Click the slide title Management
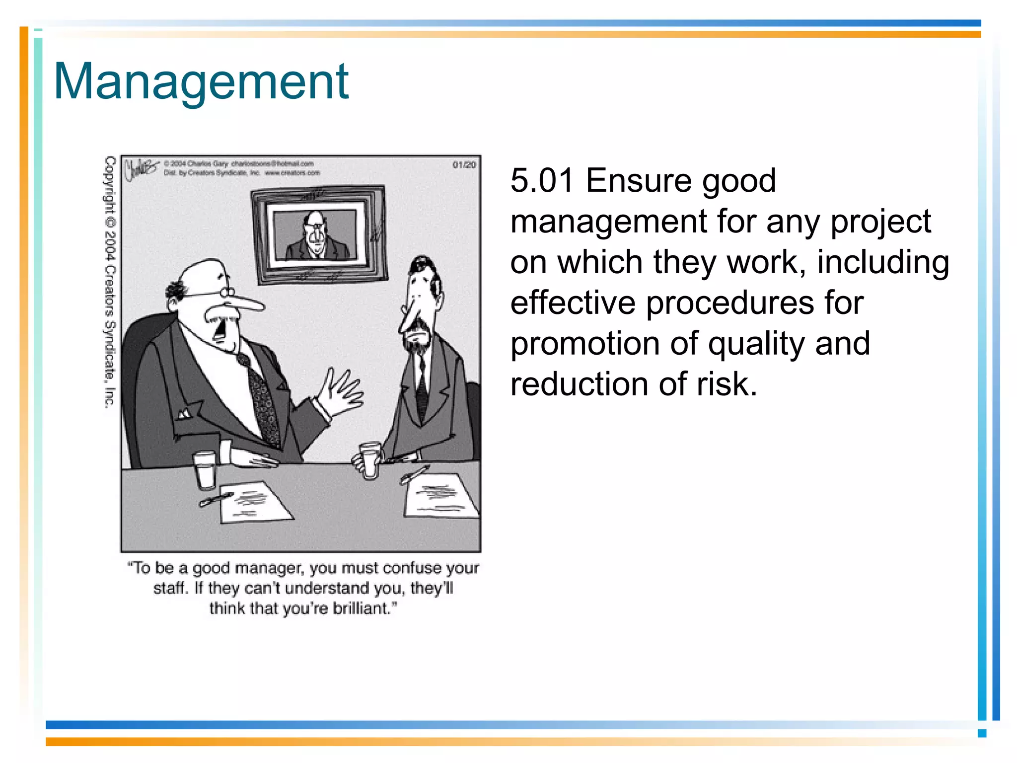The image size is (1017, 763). pyautogui.click(x=201, y=82)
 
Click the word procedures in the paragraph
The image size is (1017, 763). pyautogui.click(x=729, y=303)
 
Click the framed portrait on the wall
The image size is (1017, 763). pyautogui.click(x=319, y=234)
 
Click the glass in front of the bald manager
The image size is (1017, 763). pyautogui.click(x=205, y=470)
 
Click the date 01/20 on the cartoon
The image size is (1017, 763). pyautogui.click(x=464, y=165)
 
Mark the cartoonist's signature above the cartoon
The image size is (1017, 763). pyautogui.click(x=141, y=169)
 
